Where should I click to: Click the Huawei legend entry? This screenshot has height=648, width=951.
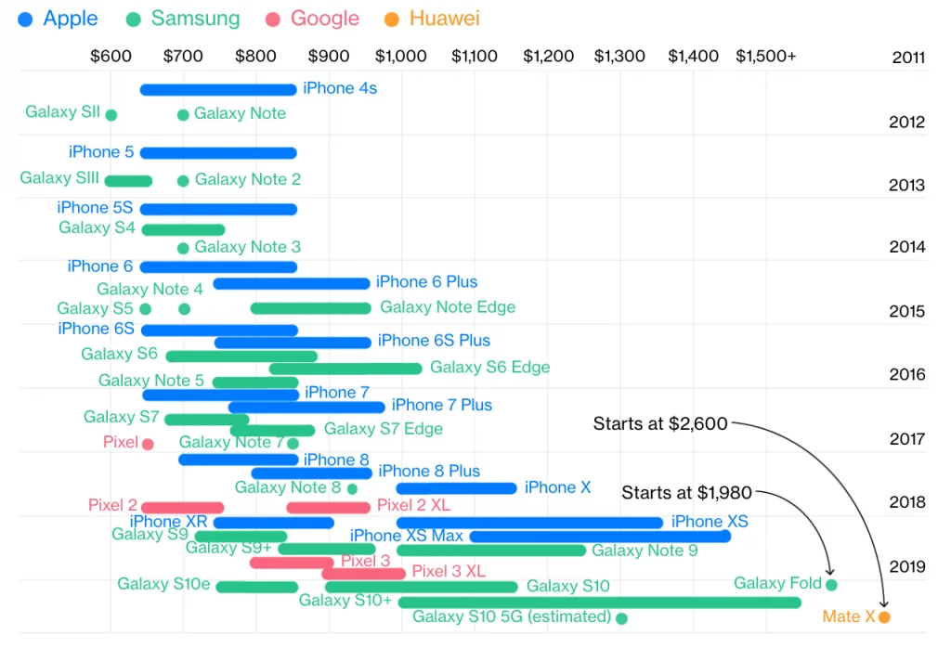click(x=432, y=19)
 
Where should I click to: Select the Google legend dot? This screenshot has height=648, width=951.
click(x=273, y=20)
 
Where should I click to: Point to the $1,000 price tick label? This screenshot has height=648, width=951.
click(x=401, y=57)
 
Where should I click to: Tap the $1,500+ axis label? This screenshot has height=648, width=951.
click(x=765, y=57)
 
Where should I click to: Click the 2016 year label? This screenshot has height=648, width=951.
click(x=907, y=375)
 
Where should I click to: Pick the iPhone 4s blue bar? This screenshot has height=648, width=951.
click(x=218, y=90)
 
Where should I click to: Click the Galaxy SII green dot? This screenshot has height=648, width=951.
click(x=111, y=114)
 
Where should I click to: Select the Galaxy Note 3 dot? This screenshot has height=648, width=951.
click(x=183, y=248)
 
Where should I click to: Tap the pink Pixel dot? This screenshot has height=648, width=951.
click(x=148, y=445)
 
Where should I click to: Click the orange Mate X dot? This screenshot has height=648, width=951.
click(x=884, y=617)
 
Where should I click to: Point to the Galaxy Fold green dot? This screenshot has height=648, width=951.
click(x=831, y=585)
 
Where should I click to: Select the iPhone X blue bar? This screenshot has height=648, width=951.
click(x=456, y=488)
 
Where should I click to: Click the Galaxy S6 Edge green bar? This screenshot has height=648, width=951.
click(x=345, y=369)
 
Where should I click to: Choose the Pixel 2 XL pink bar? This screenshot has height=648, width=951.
click(x=328, y=508)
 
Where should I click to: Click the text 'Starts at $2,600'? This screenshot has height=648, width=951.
click(x=660, y=423)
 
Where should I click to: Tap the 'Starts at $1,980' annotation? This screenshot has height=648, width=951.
click(x=686, y=493)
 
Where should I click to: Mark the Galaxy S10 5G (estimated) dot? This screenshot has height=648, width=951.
click(x=621, y=618)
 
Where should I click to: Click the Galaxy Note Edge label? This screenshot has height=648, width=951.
click(x=448, y=307)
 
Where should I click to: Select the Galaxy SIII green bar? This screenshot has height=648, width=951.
click(x=128, y=181)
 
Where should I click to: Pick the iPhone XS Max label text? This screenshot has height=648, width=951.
click(x=407, y=536)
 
